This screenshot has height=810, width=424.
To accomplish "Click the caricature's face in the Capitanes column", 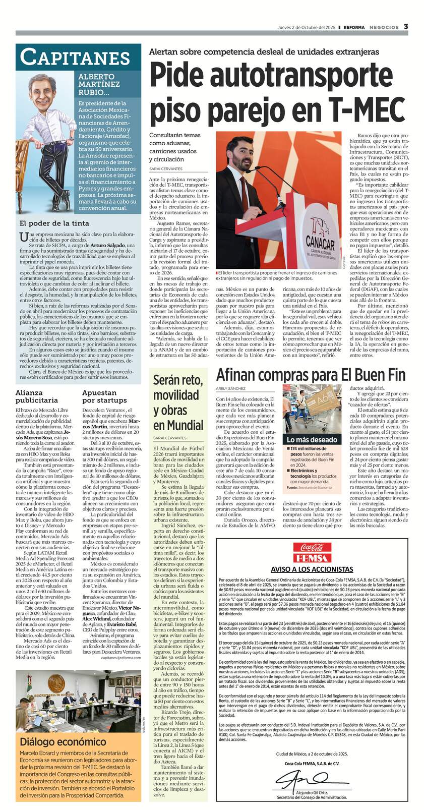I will (x=42, y=89).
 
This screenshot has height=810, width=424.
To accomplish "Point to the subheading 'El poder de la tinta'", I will (x=54, y=223).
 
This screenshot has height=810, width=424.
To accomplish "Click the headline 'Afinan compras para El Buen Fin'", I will (x=311, y=375).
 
